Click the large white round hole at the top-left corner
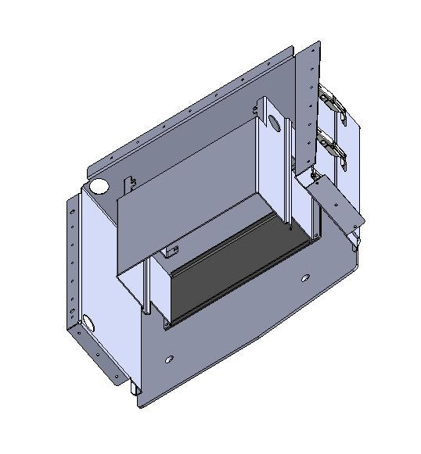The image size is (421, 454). pos(99,187)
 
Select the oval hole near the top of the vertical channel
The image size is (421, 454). pos(275,123)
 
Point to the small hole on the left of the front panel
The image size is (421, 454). pos(169,360)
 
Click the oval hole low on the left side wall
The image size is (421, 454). pos(88,322)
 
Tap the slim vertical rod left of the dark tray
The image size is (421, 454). pos(146,285)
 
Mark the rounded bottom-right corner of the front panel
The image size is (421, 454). pos(352,266)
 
